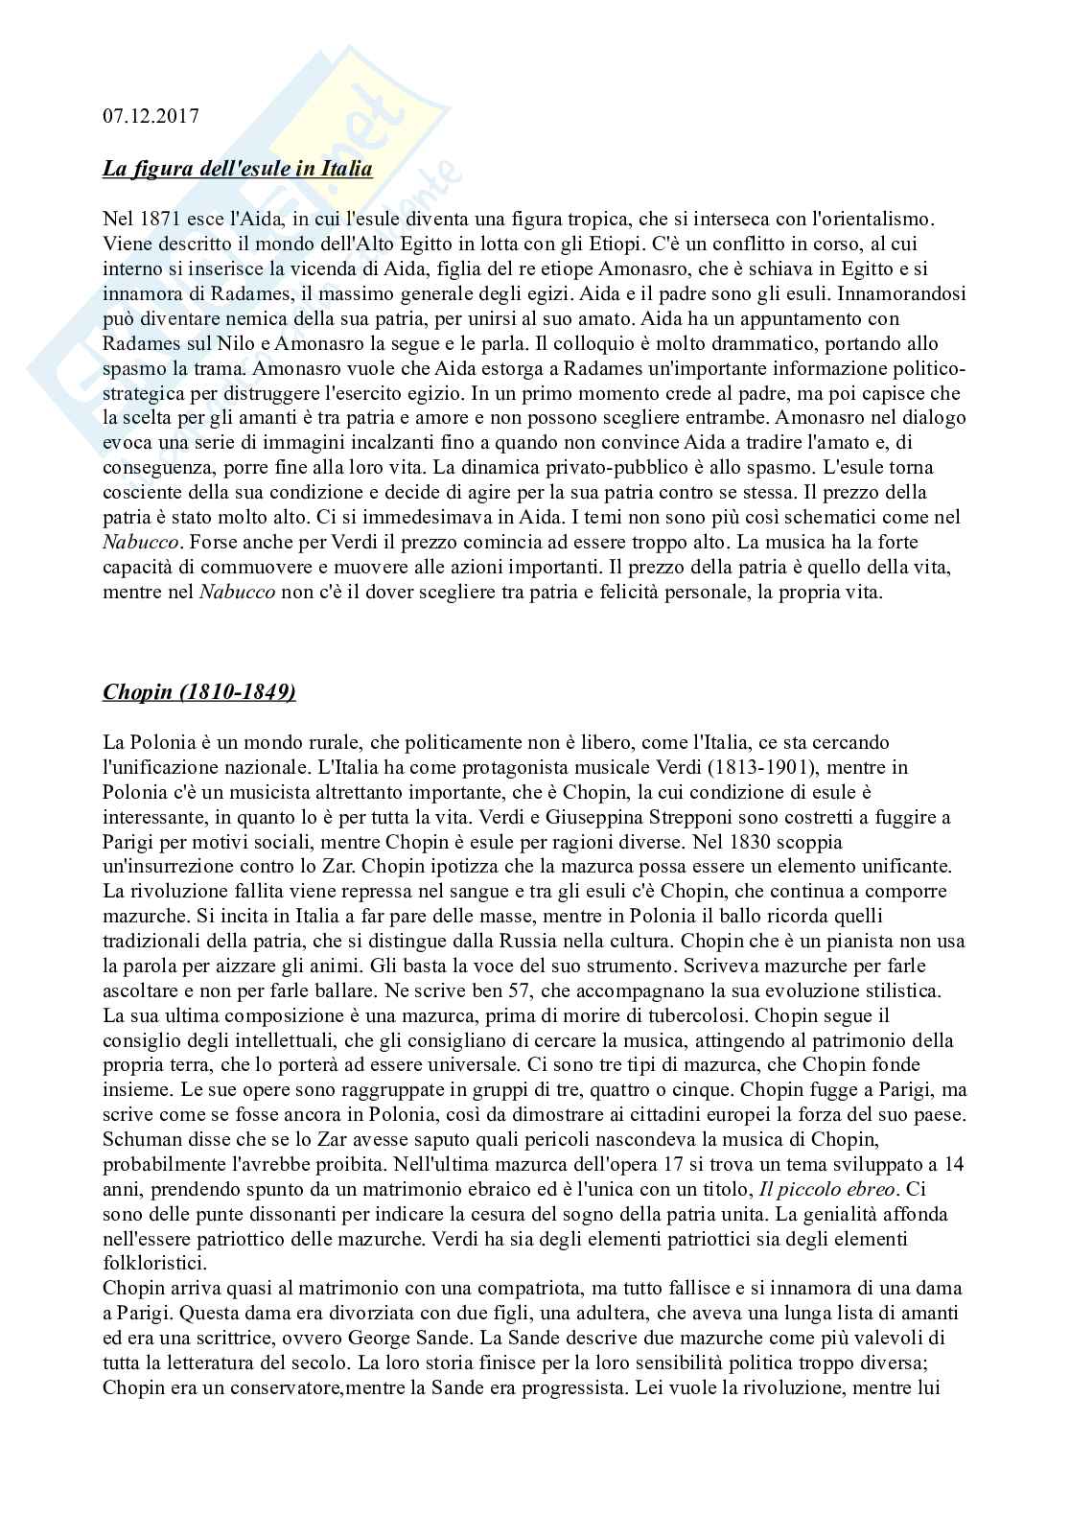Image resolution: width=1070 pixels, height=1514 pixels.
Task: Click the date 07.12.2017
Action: click(151, 116)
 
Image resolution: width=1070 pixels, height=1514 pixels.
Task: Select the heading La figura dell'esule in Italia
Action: click(237, 170)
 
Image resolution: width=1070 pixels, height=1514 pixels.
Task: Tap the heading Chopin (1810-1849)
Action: click(198, 691)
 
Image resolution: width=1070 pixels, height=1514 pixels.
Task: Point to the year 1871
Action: click(153, 220)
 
